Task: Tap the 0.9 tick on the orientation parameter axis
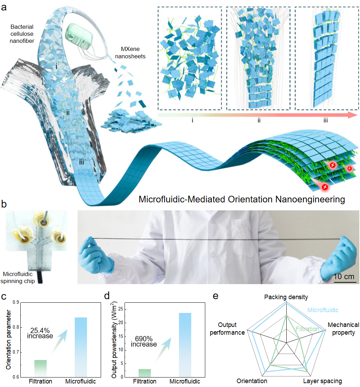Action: pos(15,302)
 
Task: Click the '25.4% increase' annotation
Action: pos(40,333)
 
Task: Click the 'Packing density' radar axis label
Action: pos(286,297)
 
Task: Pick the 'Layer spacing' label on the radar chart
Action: pos(322,381)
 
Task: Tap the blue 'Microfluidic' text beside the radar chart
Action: pos(323,310)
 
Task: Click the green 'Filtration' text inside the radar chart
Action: pos(307,329)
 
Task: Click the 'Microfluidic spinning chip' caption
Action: pos(19,278)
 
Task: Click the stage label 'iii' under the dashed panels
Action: pos(326,120)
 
